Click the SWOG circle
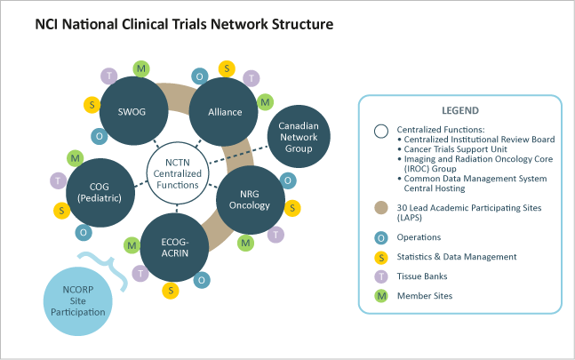131,111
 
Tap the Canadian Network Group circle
298,138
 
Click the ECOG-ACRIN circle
174,247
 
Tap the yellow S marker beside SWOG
92,105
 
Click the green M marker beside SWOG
140,68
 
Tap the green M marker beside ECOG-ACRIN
131,244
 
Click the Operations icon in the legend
380,237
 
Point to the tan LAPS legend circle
380,206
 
